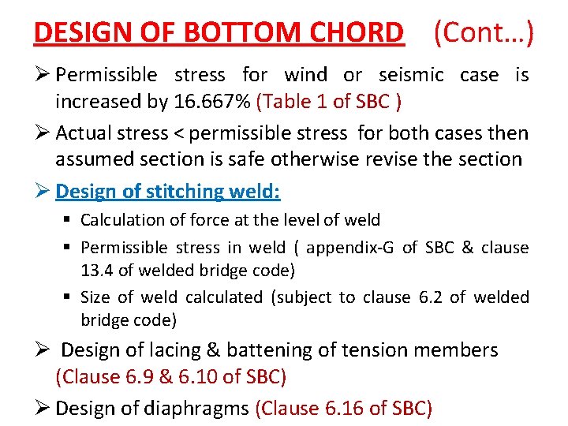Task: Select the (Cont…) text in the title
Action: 484,32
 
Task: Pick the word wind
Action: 306,75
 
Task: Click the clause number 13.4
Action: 95,270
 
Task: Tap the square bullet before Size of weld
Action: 69,297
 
